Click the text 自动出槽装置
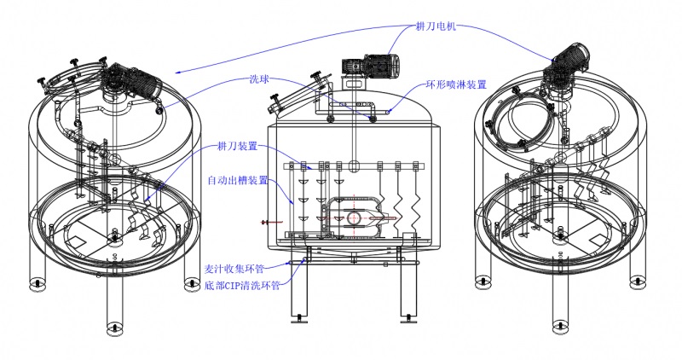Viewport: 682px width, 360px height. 237,180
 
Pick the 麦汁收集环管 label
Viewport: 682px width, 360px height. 234,266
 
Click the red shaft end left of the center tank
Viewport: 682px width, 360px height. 265,223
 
